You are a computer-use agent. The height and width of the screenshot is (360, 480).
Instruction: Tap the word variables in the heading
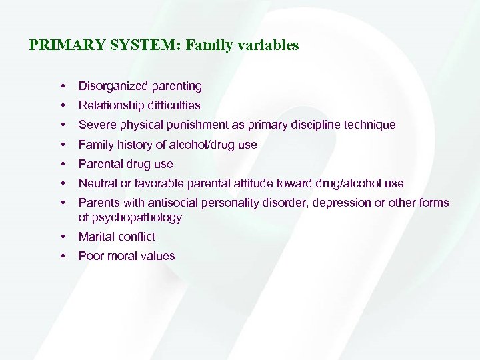click(x=267, y=46)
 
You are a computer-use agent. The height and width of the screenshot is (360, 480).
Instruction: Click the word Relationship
click(x=110, y=105)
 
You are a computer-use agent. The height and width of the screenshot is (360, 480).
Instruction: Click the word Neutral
click(x=97, y=183)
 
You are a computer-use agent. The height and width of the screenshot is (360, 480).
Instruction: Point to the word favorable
click(x=155, y=183)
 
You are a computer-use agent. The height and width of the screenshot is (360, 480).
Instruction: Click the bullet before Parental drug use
click(x=62, y=164)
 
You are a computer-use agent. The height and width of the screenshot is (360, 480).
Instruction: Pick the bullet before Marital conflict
click(x=62, y=237)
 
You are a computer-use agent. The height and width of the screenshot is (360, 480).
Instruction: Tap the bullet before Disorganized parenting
click(x=62, y=86)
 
